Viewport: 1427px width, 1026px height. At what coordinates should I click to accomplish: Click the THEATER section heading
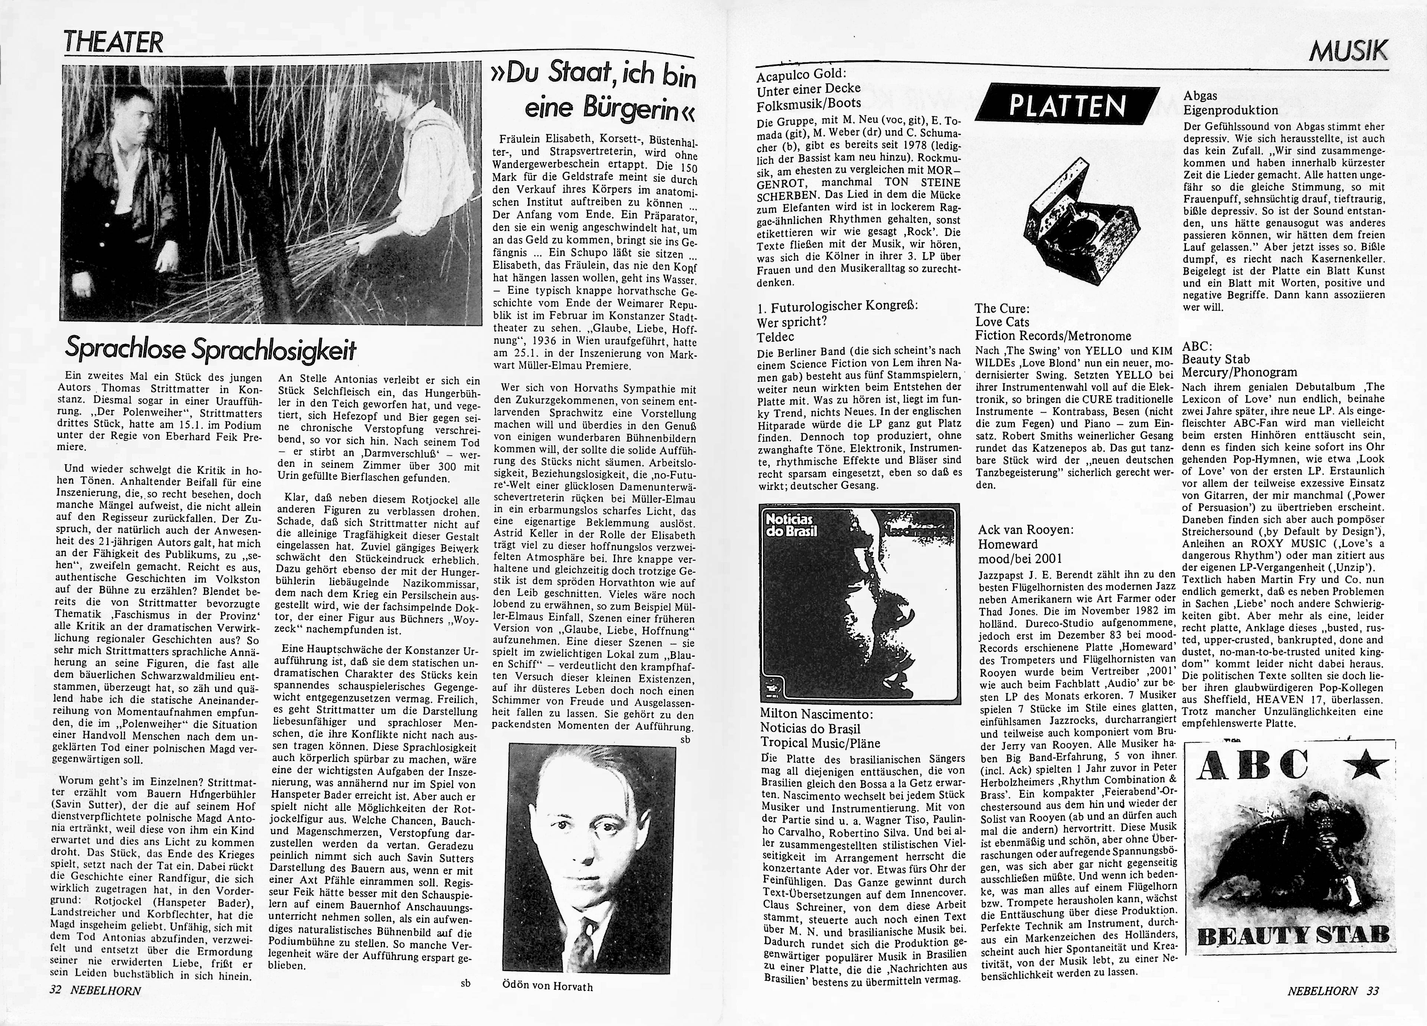pyautogui.click(x=113, y=42)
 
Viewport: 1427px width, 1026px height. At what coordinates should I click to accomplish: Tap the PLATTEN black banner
pyautogui.click(x=1067, y=106)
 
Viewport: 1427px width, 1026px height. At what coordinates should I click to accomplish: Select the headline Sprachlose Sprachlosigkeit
pyautogui.click(x=211, y=350)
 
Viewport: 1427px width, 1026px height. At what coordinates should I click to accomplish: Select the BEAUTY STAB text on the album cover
pyautogui.click(x=1293, y=936)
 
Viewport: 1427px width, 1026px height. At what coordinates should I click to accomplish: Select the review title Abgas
pyautogui.click(x=1200, y=96)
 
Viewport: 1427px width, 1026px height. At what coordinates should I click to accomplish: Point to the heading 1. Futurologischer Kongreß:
pyautogui.click(x=837, y=306)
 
